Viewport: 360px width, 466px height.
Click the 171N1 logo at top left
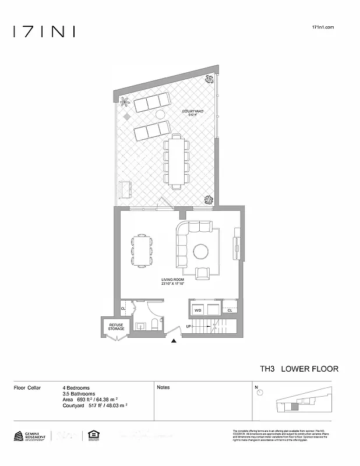[x=44, y=31]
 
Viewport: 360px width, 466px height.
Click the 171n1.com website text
[x=323, y=27]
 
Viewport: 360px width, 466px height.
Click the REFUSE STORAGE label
[x=116, y=327]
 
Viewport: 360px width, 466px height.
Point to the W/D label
[x=197, y=310]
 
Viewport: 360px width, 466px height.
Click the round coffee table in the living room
[x=201, y=251]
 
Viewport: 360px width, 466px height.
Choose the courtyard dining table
[x=176, y=161]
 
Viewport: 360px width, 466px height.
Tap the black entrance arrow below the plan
[x=173, y=343]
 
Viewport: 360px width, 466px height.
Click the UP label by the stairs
[x=188, y=327]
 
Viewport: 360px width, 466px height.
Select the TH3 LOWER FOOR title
[x=299, y=369]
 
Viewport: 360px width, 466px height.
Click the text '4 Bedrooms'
[x=76, y=387]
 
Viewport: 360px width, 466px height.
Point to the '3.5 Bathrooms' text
[x=79, y=393]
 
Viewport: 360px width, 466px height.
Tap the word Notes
[x=163, y=387]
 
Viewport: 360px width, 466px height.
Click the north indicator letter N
[x=256, y=387]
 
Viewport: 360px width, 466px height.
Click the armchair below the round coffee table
[x=204, y=273]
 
